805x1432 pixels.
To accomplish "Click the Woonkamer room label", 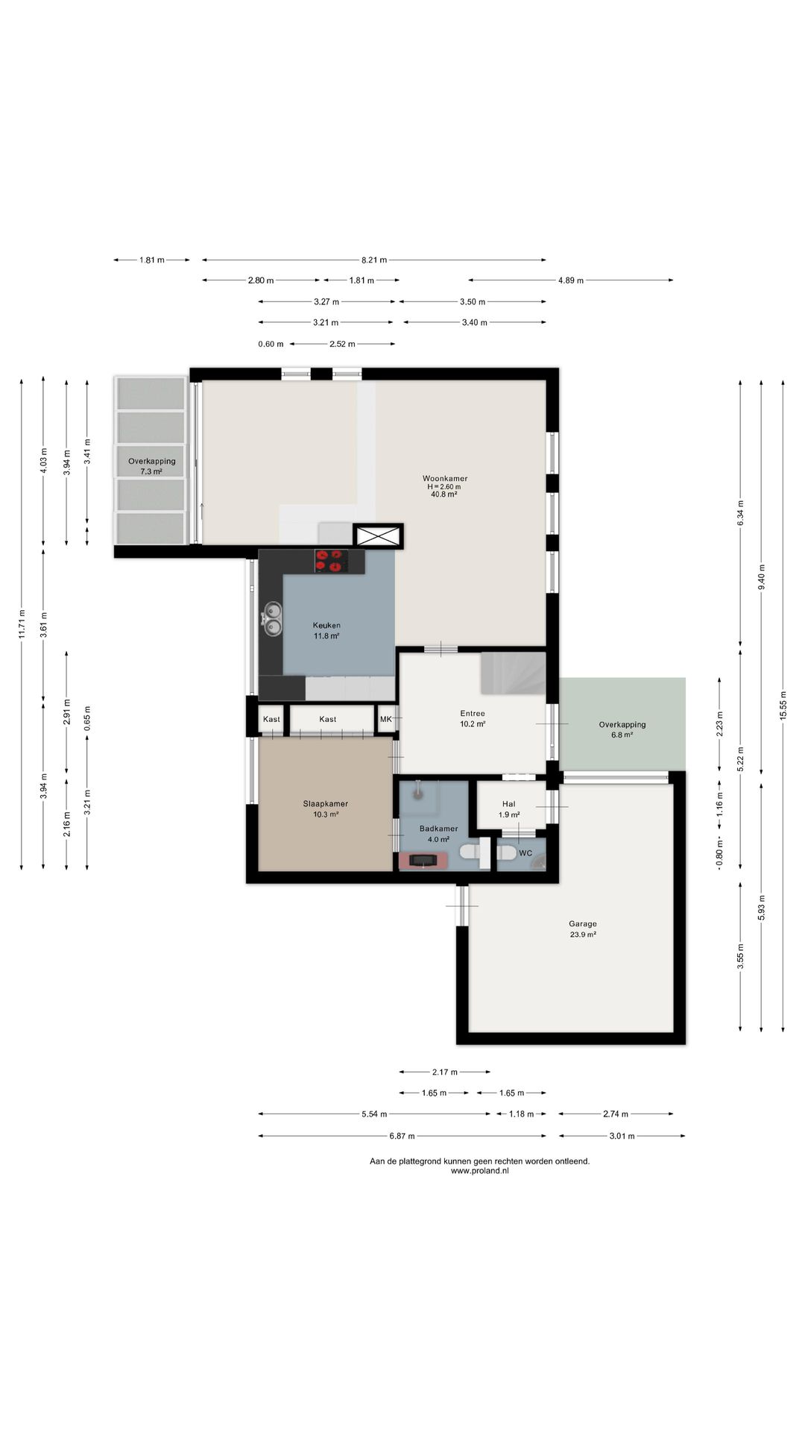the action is (445, 478).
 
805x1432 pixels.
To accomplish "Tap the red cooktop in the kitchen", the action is (332, 561).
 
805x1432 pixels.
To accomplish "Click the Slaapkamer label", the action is (325, 804).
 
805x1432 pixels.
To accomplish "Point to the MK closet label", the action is (386, 719).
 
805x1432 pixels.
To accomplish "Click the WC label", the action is (525, 853).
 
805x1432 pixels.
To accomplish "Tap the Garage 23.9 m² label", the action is (583, 929).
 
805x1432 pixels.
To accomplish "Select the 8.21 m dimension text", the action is (374, 260).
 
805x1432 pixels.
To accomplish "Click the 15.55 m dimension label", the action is (783, 705).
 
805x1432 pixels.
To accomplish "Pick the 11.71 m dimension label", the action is (22, 625).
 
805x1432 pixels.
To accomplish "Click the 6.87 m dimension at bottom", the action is (402, 1136).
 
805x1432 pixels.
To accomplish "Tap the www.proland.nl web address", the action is (480, 1171).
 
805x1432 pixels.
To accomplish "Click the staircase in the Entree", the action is (513, 673).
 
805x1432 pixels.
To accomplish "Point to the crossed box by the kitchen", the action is (377, 536).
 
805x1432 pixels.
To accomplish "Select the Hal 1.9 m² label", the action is (509, 809).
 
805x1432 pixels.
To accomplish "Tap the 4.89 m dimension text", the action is (571, 280).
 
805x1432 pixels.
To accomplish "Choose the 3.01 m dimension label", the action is (622, 1136).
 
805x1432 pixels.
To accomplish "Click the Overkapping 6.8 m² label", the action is (622, 729).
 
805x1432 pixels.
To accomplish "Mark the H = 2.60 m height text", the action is (444, 486).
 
